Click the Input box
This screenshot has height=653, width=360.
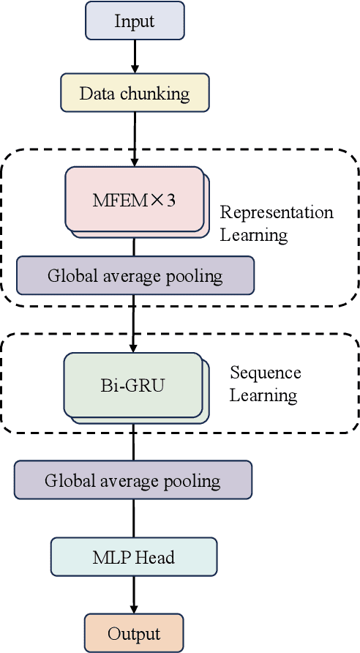pyautogui.click(x=135, y=20)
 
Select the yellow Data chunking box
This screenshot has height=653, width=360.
pyautogui.click(x=135, y=94)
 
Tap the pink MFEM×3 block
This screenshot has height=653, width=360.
pyautogui.click(x=134, y=199)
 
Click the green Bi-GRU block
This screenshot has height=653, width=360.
pyautogui.click(x=132, y=385)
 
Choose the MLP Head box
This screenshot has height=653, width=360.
pyautogui.click(x=133, y=557)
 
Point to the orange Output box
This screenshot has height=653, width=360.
pyautogui.click(x=133, y=633)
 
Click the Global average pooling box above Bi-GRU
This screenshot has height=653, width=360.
pyautogui.click(x=135, y=275)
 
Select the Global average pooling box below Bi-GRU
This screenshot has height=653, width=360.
pyautogui.click(x=132, y=480)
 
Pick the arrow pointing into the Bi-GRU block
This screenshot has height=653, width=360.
pyautogui.click(x=134, y=323)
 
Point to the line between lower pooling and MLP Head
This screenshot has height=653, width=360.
pyautogui.click(x=133, y=518)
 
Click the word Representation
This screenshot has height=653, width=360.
pyautogui.click(x=277, y=213)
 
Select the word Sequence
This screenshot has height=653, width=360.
pyautogui.click(x=265, y=373)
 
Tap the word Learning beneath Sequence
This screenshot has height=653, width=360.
pyautogui.click(x=263, y=395)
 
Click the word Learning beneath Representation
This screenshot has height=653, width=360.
pyautogui.click(x=254, y=235)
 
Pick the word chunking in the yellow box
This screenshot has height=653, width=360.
pyautogui.click(x=159, y=94)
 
